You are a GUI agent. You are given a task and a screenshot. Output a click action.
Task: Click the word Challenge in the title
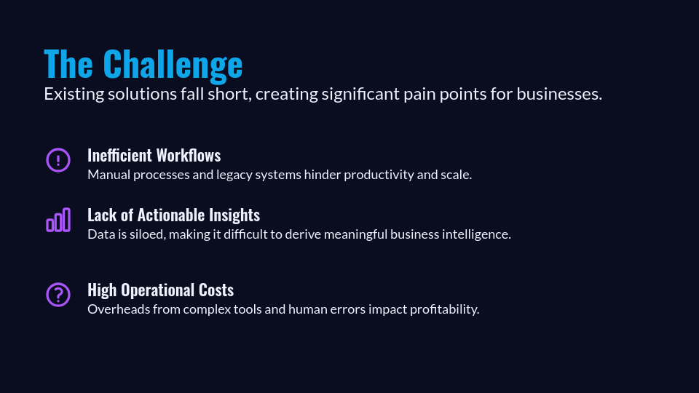[x=173, y=64]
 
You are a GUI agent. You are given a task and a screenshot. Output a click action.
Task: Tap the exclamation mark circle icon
[x=58, y=159]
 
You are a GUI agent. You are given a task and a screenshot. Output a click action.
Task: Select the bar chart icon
[x=58, y=220]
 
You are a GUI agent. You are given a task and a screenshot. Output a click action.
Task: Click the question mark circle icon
[x=58, y=295]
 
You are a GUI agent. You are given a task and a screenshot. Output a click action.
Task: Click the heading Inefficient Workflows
[x=154, y=155]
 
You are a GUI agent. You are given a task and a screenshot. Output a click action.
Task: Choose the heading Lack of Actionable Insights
[x=173, y=215]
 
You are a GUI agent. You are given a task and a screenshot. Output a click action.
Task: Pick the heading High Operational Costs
[x=160, y=290]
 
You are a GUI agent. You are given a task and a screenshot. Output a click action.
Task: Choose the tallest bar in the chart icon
[x=67, y=220]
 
